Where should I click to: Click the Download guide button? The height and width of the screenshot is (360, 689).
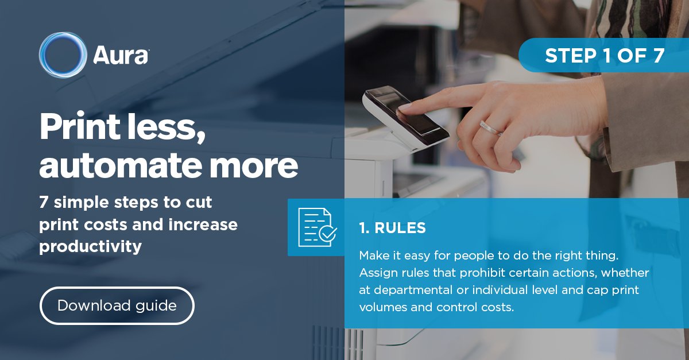click(x=117, y=305)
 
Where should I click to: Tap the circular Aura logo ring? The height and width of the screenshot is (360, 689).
click(x=63, y=55)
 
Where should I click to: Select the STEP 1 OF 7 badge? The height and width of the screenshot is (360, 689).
click(x=605, y=56)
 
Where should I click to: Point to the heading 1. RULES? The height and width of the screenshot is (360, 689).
click(x=392, y=228)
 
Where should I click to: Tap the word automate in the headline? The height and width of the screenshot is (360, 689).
click(x=109, y=165)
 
